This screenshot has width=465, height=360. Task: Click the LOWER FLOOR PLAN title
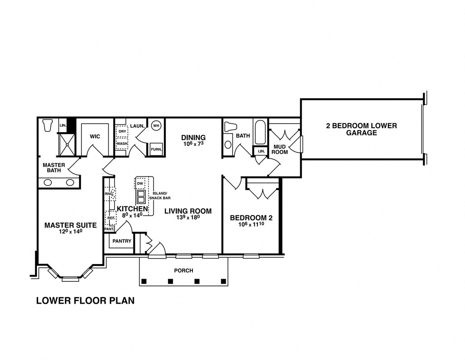click(85, 300)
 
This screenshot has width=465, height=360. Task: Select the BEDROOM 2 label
click(251, 217)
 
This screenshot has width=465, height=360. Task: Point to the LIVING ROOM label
click(188, 211)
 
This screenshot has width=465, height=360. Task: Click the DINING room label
click(193, 137)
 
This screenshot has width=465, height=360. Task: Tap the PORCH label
click(183, 270)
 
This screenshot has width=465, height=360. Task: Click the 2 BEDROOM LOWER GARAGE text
click(361, 130)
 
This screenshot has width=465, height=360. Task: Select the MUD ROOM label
click(280, 149)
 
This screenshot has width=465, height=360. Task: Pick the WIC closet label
click(94, 136)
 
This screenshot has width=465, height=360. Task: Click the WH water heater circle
click(156, 125)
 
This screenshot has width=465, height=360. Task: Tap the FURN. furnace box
click(156, 149)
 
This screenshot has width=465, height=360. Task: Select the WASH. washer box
click(122, 144)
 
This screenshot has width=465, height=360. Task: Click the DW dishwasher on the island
click(140, 183)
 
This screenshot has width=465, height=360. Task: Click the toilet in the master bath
click(47, 125)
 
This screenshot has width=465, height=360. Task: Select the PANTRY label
click(121, 241)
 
